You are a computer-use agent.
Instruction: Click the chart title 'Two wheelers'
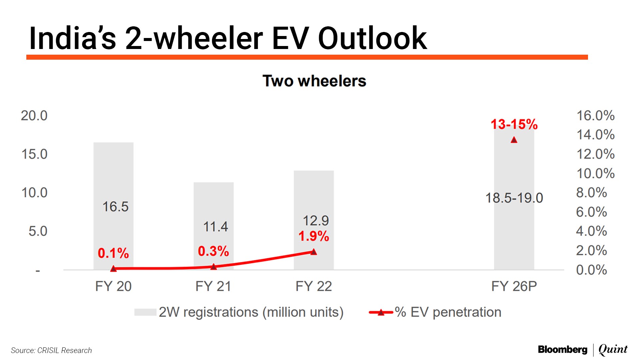pyautogui.click(x=314, y=81)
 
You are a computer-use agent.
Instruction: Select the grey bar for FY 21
pyautogui.click(x=213, y=203)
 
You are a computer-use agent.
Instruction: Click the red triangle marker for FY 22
pyautogui.click(x=314, y=252)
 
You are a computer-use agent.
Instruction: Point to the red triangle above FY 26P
pyautogui.click(x=514, y=140)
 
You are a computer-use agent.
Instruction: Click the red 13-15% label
pyautogui.click(x=514, y=124)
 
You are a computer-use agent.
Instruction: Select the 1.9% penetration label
pyautogui.click(x=313, y=236)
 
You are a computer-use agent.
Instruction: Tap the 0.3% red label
pyautogui.click(x=213, y=251)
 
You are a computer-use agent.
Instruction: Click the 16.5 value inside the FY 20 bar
pyautogui.click(x=115, y=207)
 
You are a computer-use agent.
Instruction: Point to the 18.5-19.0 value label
pyautogui.click(x=514, y=198)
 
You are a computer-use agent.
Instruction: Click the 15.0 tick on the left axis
pyautogui.click(x=34, y=154)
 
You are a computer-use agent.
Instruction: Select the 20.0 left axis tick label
pyautogui.click(x=34, y=116)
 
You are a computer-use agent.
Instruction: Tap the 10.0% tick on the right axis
pyautogui.click(x=595, y=173)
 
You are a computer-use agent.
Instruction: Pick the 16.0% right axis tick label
pyautogui.click(x=595, y=116)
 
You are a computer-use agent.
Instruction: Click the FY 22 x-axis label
pyautogui.click(x=314, y=286)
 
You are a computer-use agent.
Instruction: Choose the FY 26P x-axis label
pyautogui.click(x=514, y=286)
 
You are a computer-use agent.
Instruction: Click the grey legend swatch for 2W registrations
pyautogui.click(x=145, y=312)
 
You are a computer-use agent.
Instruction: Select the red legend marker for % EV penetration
pyautogui.click(x=381, y=312)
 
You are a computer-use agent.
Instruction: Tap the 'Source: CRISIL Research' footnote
pyautogui.click(x=51, y=350)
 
